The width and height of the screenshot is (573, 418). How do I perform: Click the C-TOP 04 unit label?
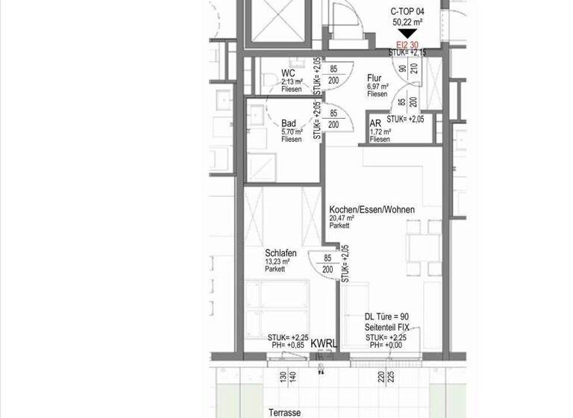click(407, 12)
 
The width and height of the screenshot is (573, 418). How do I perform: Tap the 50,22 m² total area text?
click(407, 22)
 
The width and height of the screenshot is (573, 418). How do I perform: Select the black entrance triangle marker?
click(407, 34)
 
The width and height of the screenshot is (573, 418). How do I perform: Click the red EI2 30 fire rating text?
click(407, 45)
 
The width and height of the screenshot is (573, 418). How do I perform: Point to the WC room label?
click(288, 73)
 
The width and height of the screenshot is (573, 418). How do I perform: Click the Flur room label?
click(374, 77)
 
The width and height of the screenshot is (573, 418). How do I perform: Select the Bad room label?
click(289, 123)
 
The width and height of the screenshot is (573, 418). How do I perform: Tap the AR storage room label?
click(376, 123)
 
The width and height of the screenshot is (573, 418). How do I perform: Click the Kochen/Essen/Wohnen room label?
click(372, 210)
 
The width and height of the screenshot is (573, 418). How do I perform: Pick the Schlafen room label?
click(281, 253)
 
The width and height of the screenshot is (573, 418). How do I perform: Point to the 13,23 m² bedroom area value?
click(276, 261)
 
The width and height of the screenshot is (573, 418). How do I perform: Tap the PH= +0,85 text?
click(288, 345)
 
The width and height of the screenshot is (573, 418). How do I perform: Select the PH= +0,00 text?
click(385, 345)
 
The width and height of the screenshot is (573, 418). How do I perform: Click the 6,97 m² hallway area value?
click(378, 87)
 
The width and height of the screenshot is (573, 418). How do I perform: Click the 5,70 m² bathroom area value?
click(292, 131)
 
